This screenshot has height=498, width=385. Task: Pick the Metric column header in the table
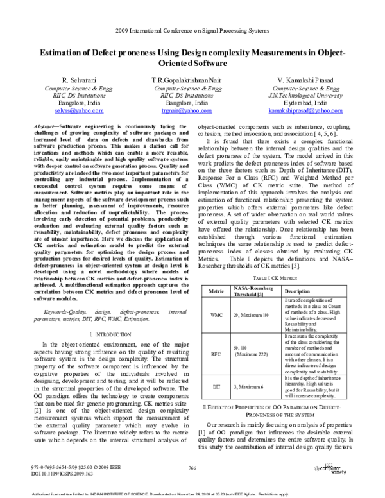coord(216,293)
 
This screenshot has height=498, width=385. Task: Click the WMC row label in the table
coord(216,316)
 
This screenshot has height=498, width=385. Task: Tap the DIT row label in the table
coord(216,387)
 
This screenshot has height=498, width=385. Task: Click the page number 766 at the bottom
coord(192,470)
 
